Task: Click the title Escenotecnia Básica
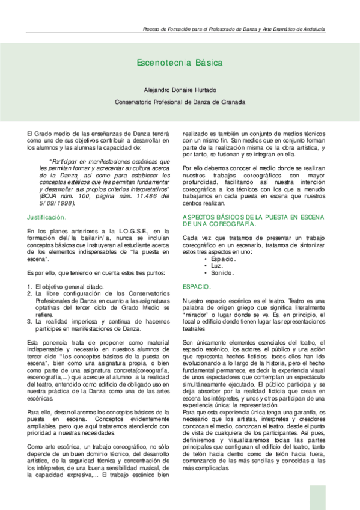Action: pos(180,63)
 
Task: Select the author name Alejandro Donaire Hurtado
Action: pos(180,90)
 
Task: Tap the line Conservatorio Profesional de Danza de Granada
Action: pos(180,102)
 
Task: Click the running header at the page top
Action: pos(234,29)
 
